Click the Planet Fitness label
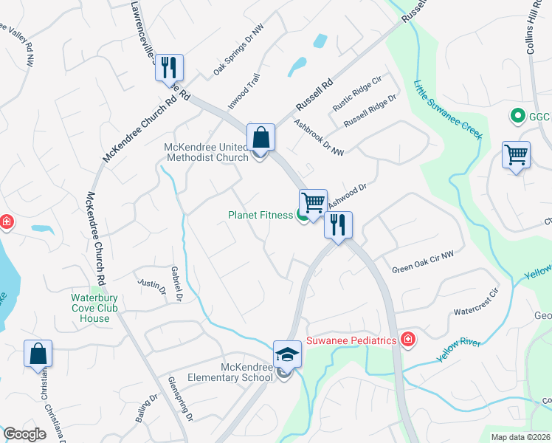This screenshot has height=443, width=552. click(x=261, y=215)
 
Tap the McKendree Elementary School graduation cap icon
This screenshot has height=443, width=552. click(x=287, y=354)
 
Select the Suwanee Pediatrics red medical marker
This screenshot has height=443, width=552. click(x=407, y=339)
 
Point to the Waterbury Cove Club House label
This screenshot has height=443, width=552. click(x=91, y=309)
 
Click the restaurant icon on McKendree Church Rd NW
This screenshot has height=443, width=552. click(x=169, y=68)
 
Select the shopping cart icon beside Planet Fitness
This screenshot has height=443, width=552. click(x=313, y=202)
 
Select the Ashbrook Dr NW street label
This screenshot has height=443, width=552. click(x=319, y=138)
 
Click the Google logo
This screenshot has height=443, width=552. click(x=25, y=434)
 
